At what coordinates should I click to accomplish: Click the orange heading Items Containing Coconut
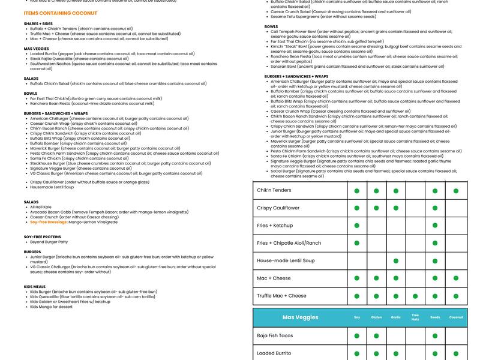click(x=61, y=13)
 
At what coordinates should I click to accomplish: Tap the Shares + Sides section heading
click(x=38, y=23)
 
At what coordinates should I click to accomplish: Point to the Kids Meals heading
click(x=35, y=287)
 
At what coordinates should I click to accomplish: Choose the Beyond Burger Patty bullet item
click(x=50, y=242)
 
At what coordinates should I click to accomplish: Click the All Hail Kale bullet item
click(x=41, y=207)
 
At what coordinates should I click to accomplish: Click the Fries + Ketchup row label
click(x=275, y=226)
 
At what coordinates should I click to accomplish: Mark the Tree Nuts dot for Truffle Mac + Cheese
click(x=415, y=296)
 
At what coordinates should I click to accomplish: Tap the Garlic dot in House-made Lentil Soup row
click(x=395, y=260)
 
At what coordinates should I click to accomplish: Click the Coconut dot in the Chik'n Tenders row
click(x=456, y=191)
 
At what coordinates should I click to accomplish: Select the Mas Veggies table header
click(x=300, y=317)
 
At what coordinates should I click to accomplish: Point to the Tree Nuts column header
click(x=415, y=317)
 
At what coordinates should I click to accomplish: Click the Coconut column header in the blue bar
click(x=456, y=317)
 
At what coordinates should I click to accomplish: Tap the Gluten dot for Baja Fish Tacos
click(x=376, y=336)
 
